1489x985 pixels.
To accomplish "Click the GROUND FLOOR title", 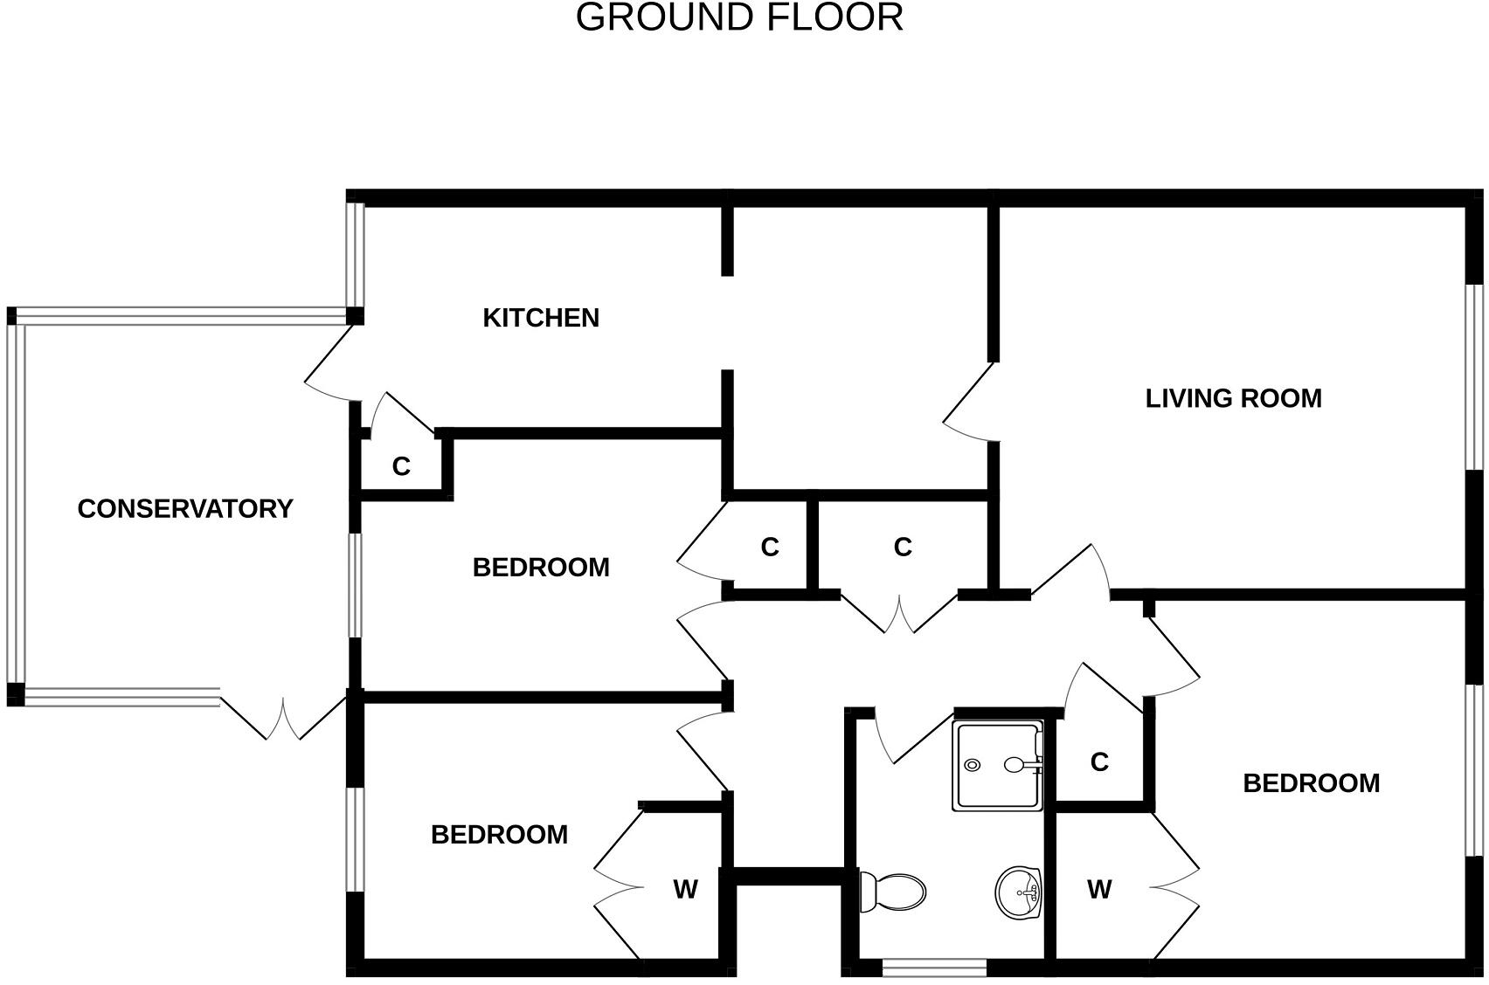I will [739, 18].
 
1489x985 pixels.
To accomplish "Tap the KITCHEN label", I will [541, 318].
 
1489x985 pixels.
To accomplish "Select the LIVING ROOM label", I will [1233, 398].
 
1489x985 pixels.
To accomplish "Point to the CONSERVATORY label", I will [185, 509].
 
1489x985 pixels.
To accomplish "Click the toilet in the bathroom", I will [893, 892].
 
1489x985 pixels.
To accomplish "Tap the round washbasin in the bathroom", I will [1018, 892].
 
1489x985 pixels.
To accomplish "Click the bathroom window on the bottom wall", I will [934, 968].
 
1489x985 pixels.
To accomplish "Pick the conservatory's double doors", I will [283, 718].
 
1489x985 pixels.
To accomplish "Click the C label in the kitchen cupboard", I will [401, 467].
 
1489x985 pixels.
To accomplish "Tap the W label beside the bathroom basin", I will [1099, 890].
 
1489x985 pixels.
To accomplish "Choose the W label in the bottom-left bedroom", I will [685, 890].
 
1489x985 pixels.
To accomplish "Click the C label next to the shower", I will [1099, 762].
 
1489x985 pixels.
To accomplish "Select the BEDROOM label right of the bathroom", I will [1311, 783].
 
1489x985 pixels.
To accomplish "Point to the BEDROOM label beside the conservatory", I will [541, 568].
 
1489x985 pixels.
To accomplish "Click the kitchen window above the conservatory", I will [355, 254].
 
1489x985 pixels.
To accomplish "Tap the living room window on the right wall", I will [1475, 377].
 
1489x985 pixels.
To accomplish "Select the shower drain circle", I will [973, 766].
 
